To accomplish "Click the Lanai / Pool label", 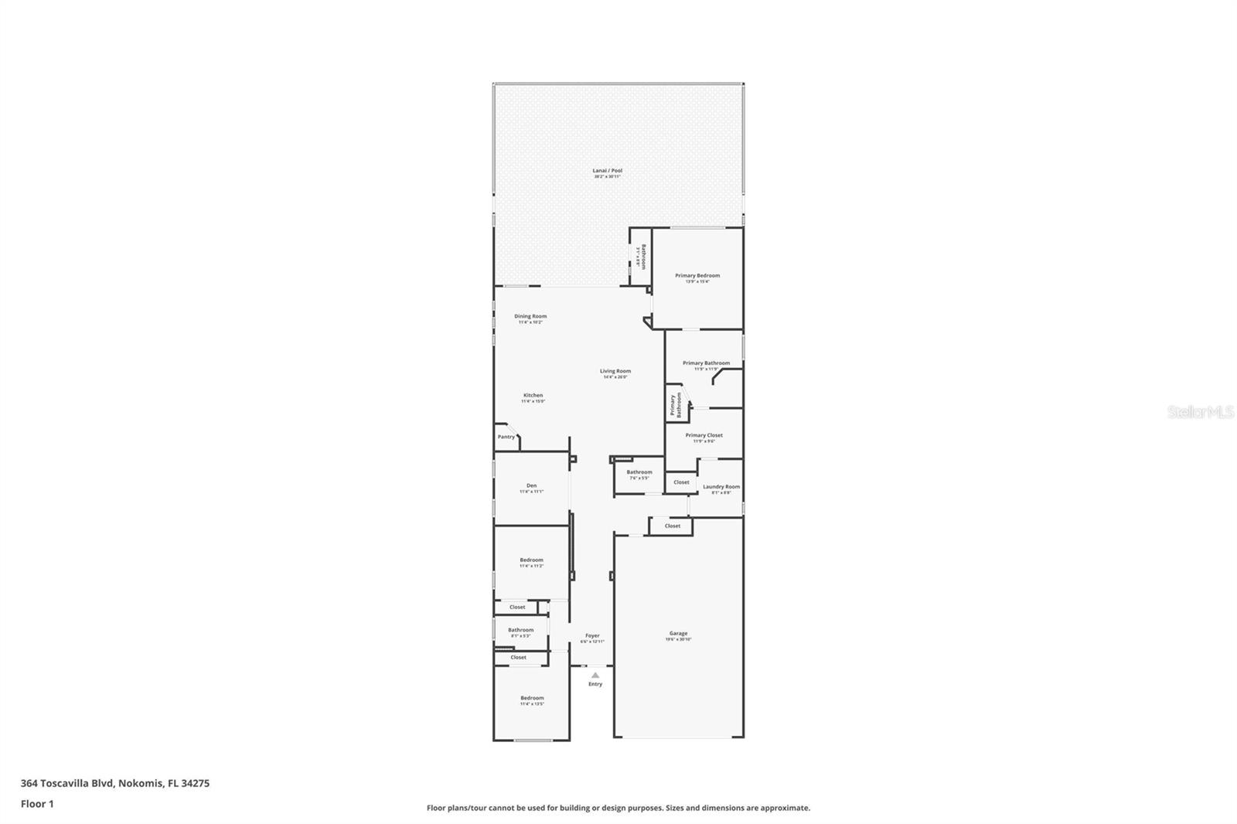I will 607,171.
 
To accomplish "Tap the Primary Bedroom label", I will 697,276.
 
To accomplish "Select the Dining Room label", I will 530,316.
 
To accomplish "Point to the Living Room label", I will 615,371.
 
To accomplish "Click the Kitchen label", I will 533,396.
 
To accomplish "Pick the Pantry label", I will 506,438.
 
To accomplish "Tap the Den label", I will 531,485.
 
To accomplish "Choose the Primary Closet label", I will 704,435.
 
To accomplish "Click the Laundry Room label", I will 721,487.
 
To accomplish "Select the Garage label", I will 678,633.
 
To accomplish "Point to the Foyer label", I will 592,636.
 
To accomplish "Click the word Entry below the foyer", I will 595,684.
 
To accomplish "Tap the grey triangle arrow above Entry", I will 595,675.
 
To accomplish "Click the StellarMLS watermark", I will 1200,412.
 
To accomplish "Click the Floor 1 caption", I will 37,804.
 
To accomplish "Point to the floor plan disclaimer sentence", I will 618,808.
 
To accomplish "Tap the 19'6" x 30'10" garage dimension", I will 678,639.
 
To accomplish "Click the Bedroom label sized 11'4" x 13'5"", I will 531,698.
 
